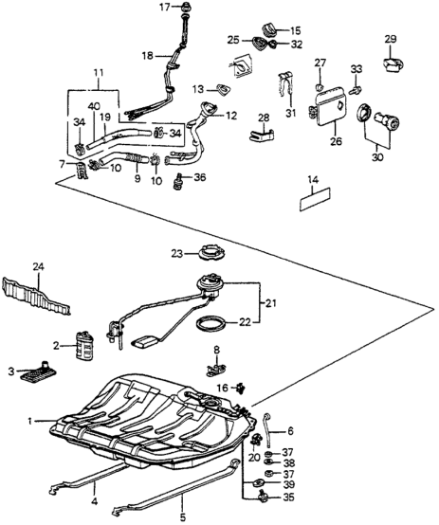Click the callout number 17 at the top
165,7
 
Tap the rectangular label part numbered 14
315,200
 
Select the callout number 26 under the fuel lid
336,141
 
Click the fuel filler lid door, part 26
330,107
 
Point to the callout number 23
177,254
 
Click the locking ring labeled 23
210,252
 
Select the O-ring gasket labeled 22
210,324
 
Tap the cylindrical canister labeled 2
83,345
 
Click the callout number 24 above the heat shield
39,267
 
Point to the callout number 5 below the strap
183,517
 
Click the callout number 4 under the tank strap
95,501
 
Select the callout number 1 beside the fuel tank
29,421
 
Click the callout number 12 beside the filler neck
231,116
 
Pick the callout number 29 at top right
391,39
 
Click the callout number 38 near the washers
288,463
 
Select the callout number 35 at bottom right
288,498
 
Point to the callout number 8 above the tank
217,351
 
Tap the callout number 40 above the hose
94,106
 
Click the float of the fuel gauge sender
146,342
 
